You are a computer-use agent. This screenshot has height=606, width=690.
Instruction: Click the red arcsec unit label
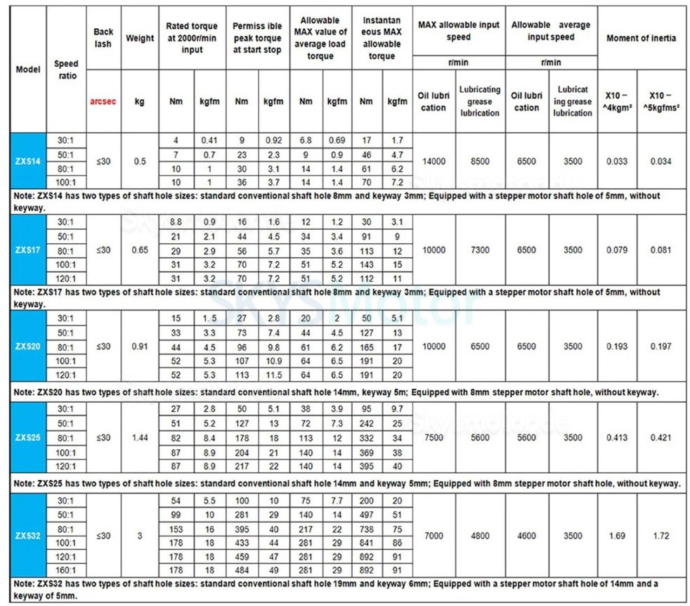(103, 101)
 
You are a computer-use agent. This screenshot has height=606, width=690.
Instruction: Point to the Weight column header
(140, 38)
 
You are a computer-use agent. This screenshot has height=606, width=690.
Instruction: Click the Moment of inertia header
(641, 38)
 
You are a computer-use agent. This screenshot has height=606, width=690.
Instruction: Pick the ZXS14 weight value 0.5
(140, 161)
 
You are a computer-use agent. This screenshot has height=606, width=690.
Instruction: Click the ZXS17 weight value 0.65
(140, 250)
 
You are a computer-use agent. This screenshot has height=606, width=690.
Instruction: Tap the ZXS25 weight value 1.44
(140, 437)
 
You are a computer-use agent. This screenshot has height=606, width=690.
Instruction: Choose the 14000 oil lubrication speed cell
(434, 161)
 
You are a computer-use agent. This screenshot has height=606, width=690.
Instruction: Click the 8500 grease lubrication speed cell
(480, 161)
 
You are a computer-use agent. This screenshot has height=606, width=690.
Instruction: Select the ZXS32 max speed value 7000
(434, 536)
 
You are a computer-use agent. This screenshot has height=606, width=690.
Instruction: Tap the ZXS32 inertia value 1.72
(661, 536)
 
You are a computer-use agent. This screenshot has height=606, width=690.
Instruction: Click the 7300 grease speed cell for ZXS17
(480, 250)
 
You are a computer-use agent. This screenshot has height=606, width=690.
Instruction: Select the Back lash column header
(103, 38)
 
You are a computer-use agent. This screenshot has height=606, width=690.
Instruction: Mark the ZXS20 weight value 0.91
(140, 347)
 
